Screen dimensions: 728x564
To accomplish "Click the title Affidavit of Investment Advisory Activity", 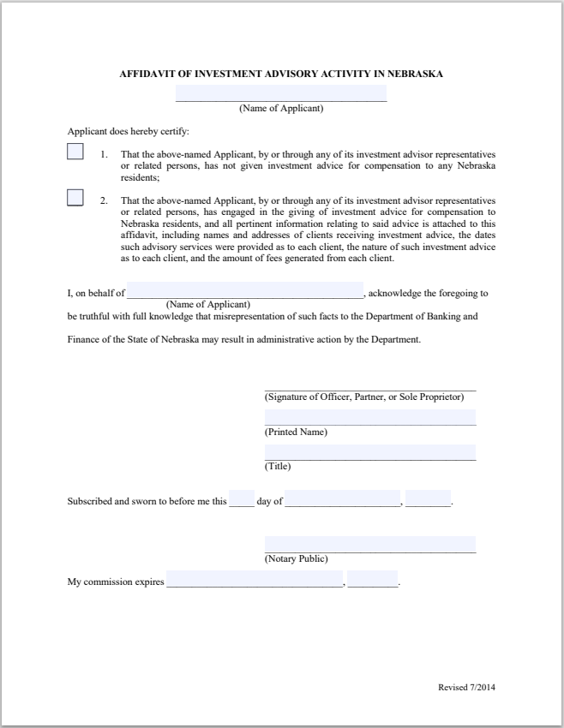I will [x=281, y=74].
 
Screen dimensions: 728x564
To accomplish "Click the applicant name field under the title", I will [x=281, y=93].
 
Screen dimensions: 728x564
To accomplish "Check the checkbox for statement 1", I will [x=75, y=152].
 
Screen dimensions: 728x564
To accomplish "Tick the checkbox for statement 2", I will [x=75, y=198].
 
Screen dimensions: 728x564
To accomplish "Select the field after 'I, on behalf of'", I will [x=245, y=290].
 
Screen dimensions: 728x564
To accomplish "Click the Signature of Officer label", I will [x=364, y=397].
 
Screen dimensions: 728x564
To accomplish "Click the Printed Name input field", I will [x=369, y=417].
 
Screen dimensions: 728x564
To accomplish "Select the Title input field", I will [x=369, y=452].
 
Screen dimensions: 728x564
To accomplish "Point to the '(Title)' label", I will [x=278, y=467].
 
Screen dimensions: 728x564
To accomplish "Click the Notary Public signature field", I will [x=369, y=544].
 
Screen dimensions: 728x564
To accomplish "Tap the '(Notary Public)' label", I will [x=296, y=558].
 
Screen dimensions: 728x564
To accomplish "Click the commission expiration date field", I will [x=255, y=580].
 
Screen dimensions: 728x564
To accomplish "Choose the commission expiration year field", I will [x=373, y=580].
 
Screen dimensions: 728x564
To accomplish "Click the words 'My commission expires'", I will [x=116, y=582].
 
